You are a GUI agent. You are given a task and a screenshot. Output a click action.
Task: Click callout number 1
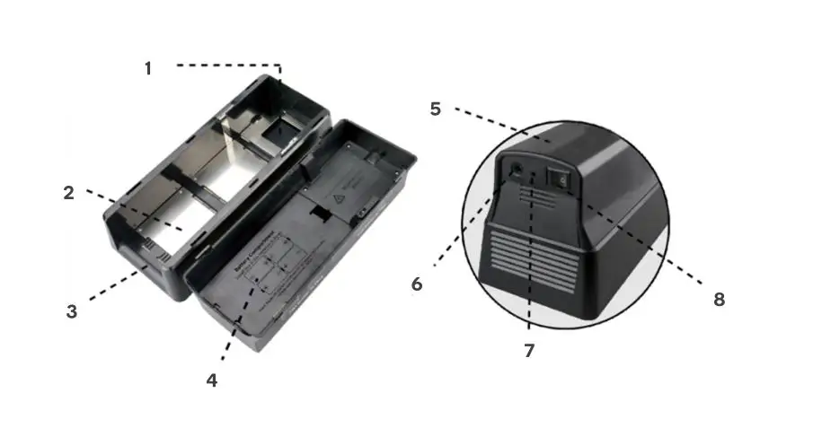click(x=148, y=68)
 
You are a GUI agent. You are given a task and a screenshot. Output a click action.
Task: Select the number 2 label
click(x=68, y=192)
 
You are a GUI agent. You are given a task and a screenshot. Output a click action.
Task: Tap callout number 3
click(x=72, y=312)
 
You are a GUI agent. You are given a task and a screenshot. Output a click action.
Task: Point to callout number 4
click(x=211, y=380)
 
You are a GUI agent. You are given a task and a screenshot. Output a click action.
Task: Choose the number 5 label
click(x=436, y=109)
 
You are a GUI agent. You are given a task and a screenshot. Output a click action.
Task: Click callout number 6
click(x=417, y=284)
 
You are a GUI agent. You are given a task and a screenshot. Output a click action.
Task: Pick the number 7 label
click(x=529, y=351)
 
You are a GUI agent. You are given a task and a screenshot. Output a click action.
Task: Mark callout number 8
click(x=719, y=300)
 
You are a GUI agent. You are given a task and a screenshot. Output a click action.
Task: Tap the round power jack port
click(x=517, y=168)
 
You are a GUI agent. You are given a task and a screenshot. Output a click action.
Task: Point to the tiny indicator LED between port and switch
click(x=537, y=172)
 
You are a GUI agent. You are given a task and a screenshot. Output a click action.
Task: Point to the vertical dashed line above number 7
click(x=531, y=269)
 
